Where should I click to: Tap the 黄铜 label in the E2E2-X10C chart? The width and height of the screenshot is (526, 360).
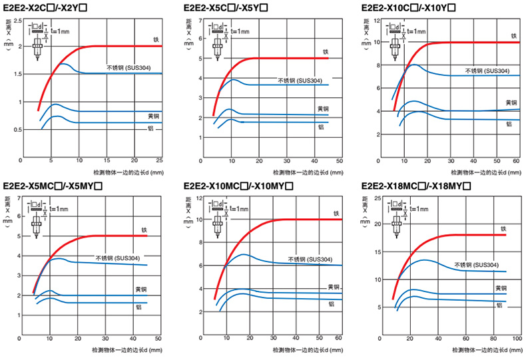(x=510, y=102)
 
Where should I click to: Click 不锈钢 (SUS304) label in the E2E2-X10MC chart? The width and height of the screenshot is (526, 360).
(x=310, y=260)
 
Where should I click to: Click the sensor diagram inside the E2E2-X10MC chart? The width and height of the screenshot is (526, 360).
(x=217, y=220)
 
